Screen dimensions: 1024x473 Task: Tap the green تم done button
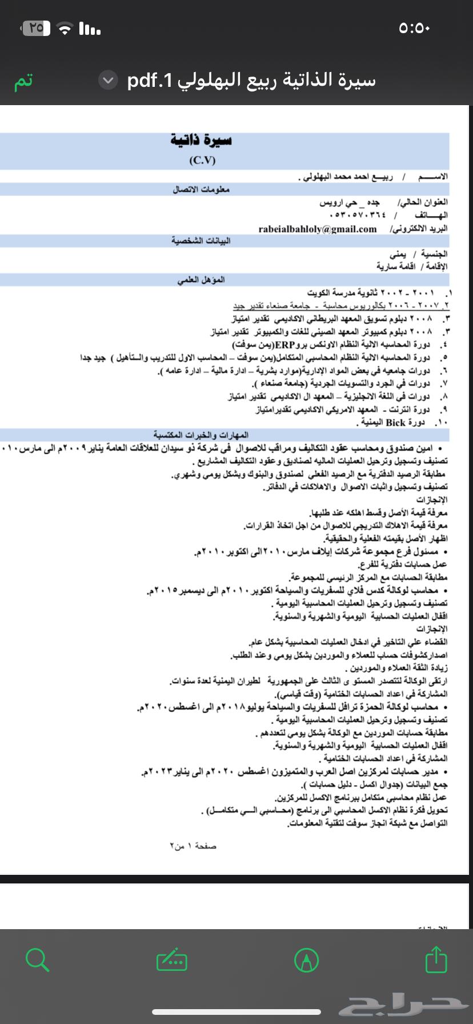tap(23, 81)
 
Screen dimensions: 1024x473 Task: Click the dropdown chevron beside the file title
tap(107, 81)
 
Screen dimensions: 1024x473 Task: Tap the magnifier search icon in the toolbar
tap(37, 959)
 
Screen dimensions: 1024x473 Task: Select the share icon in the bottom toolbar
tap(436, 959)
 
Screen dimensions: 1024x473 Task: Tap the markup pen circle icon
tap(306, 959)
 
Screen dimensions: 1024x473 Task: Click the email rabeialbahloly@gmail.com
tap(318, 229)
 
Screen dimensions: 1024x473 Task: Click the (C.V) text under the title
tap(202, 161)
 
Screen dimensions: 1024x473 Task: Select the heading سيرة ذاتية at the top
tap(201, 141)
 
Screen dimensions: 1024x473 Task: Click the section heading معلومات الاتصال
tap(201, 189)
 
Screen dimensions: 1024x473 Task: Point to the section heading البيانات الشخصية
tap(201, 241)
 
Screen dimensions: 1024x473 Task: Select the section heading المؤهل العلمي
tap(201, 279)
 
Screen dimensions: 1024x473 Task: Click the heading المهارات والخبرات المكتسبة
tap(201, 435)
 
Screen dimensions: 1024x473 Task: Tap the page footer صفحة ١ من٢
tap(193, 846)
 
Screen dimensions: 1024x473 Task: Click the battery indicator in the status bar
tap(35, 27)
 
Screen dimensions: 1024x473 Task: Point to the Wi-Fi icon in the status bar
tap(67, 28)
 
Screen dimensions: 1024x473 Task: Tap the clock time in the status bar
tap(414, 28)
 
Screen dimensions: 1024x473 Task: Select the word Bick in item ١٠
tap(395, 422)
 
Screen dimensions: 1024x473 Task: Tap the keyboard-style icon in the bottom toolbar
tap(171, 959)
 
